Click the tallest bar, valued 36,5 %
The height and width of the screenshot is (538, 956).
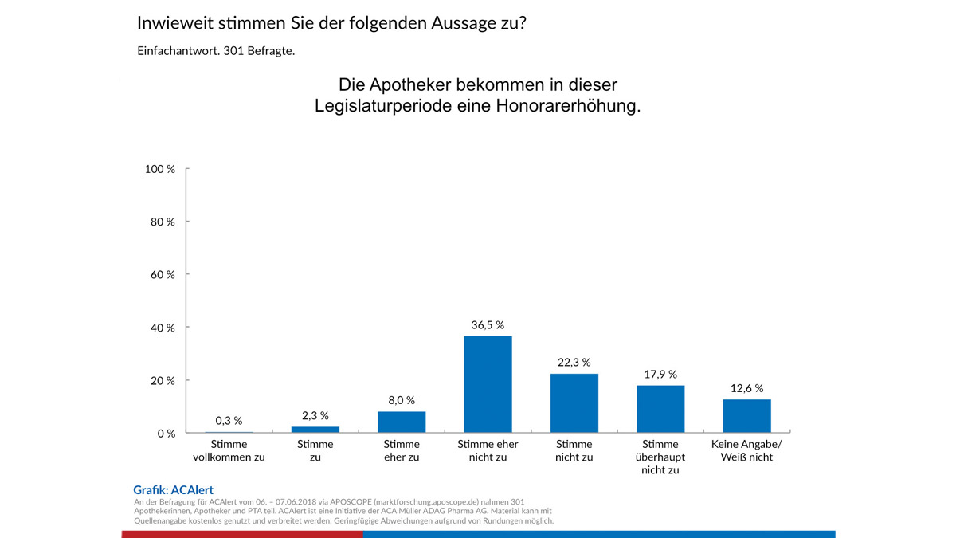(488, 384)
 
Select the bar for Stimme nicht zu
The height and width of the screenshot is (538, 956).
(574, 403)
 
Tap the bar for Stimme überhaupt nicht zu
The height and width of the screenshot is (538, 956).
(660, 409)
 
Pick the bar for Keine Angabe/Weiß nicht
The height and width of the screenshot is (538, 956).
(746, 416)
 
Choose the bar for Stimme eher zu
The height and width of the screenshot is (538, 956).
(402, 422)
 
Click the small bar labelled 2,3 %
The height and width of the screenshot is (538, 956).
(315, 430)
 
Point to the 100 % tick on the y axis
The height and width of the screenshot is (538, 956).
(161, 169)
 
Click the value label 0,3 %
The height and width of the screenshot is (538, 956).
(229, 420)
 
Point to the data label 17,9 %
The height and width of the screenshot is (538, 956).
(660, 374)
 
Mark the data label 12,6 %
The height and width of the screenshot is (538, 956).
(746, 388)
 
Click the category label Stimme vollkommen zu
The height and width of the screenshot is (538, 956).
(229, 450)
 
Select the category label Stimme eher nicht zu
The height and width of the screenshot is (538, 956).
(488, 450)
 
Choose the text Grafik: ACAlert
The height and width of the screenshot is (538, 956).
(173, 490)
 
